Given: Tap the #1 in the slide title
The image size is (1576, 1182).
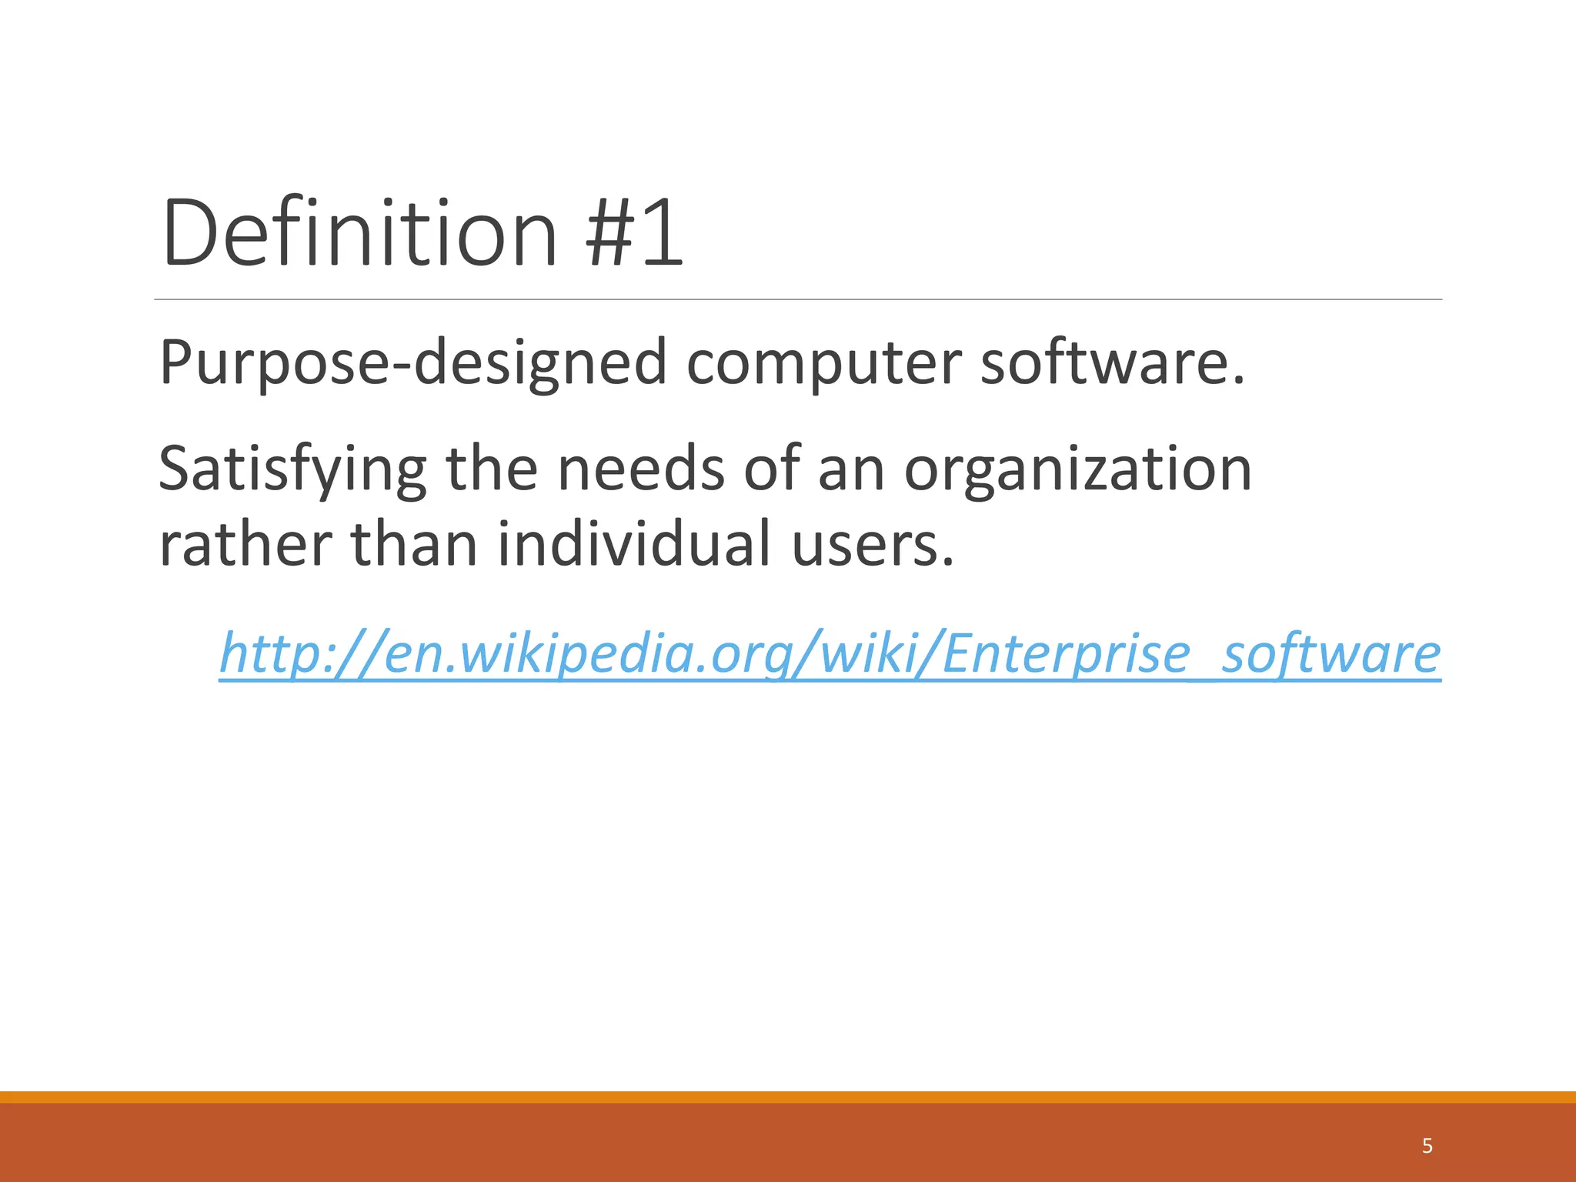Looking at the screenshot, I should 634,232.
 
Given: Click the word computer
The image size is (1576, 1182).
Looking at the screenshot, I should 823,362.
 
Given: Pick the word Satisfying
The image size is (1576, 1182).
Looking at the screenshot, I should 292,469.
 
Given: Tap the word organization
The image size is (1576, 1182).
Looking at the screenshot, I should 1077,469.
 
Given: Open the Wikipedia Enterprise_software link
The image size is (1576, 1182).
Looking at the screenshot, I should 830,653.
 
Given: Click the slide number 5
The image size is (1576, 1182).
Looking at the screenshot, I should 1427,1146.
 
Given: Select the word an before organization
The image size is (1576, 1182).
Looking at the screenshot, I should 850,469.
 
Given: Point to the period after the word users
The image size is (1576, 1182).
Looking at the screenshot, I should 948,562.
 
